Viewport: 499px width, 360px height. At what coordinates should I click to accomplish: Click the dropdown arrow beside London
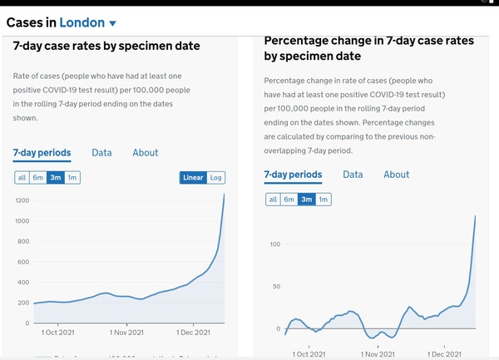(112, 23)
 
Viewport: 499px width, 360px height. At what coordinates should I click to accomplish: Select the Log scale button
(216, 177)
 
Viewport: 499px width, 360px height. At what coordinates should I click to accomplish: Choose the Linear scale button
(193, 177)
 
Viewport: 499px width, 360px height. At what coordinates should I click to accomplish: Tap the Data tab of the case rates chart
(101, 153)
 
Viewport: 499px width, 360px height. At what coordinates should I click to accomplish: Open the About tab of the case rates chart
(146, 153)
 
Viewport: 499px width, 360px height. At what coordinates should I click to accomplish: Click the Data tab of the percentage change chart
(353, 175)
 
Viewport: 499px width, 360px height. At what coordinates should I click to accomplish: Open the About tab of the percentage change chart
(397, 175)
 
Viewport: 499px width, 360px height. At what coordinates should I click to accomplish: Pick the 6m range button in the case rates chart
(38, 177)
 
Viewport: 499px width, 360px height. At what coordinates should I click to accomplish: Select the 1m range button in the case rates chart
(72, 177)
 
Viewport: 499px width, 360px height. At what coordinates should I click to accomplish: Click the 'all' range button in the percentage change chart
(272, 200)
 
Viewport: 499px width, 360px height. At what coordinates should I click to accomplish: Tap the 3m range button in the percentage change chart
(307, 200)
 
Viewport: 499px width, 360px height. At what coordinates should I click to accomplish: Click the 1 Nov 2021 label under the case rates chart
(127, 332)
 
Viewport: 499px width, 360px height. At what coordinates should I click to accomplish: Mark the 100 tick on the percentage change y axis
(274, 244)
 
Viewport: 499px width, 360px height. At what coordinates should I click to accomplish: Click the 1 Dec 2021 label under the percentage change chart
(446, 353)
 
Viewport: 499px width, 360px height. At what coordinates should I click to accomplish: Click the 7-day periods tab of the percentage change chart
(293, 175)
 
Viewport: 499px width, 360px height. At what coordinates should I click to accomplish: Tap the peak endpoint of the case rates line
(224, 194)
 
